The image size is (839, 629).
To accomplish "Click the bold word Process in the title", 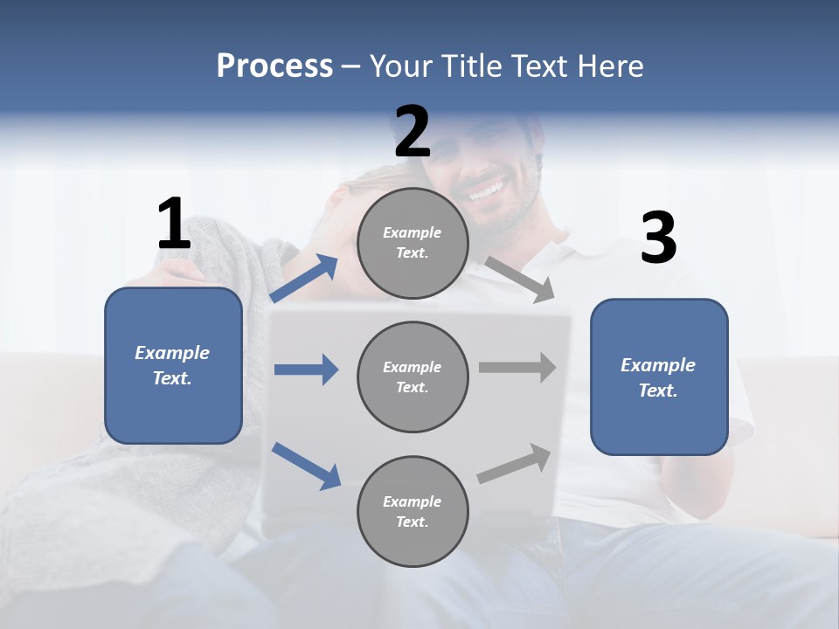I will [274, 66].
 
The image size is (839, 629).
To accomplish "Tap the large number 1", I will [174, 225].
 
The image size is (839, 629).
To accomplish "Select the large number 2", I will [413, 132].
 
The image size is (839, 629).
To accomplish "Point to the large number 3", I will [658, 238].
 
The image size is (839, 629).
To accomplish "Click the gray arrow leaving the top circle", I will [520, 280].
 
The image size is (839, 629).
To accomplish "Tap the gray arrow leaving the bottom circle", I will [515, 464].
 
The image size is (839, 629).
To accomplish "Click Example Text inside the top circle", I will [413, 243].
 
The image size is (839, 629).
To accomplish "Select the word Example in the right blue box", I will [658, 365].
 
